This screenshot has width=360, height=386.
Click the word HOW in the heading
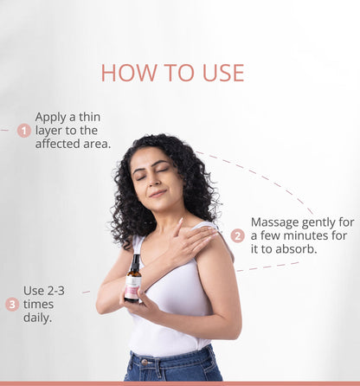point(129,73)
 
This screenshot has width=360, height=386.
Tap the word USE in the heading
point(223,73)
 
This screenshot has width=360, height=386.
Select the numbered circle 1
point(24,131)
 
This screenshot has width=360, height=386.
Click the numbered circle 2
point(238,236)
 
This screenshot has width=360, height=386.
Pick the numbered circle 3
point(12,305)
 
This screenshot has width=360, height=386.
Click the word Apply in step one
point(51,118)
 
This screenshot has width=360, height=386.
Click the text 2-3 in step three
point(56,291)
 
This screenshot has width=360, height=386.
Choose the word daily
point(37,318)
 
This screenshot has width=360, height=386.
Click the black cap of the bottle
point(136,261)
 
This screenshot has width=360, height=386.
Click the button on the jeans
point(145,362)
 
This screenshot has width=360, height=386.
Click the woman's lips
point(158,193)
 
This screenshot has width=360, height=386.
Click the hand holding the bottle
point(138,303)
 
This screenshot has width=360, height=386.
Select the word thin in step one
point(90,117)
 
